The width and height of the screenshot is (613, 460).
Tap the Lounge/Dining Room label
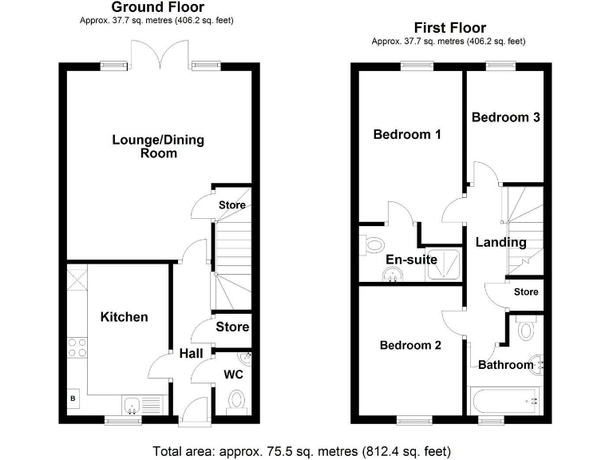[157, 146]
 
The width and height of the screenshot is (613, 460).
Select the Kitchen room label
[124, 317]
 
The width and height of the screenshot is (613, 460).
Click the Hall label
[191, 354]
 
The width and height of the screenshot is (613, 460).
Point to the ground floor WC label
[234, 374]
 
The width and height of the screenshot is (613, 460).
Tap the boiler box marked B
[73, 398]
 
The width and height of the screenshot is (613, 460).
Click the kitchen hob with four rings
[78, 349]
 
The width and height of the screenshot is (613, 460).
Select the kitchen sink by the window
[132, 405]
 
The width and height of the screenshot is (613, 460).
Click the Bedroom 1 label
[407, 135]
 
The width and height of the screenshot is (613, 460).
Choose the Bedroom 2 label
[410, 346]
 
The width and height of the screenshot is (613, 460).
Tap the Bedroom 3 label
[506, 117]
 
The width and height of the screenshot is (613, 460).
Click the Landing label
[501, 242]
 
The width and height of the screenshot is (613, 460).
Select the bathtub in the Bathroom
[504, 398]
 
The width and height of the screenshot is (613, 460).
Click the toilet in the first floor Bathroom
[525, 329]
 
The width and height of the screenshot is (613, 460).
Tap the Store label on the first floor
[526, 292]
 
